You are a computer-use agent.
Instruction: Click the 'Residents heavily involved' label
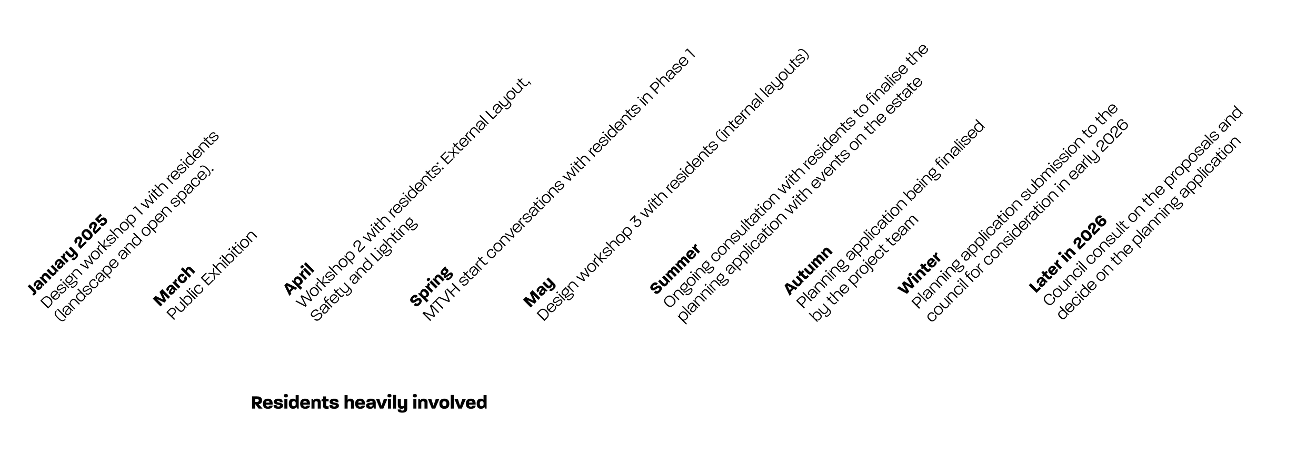tap(369, 403)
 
